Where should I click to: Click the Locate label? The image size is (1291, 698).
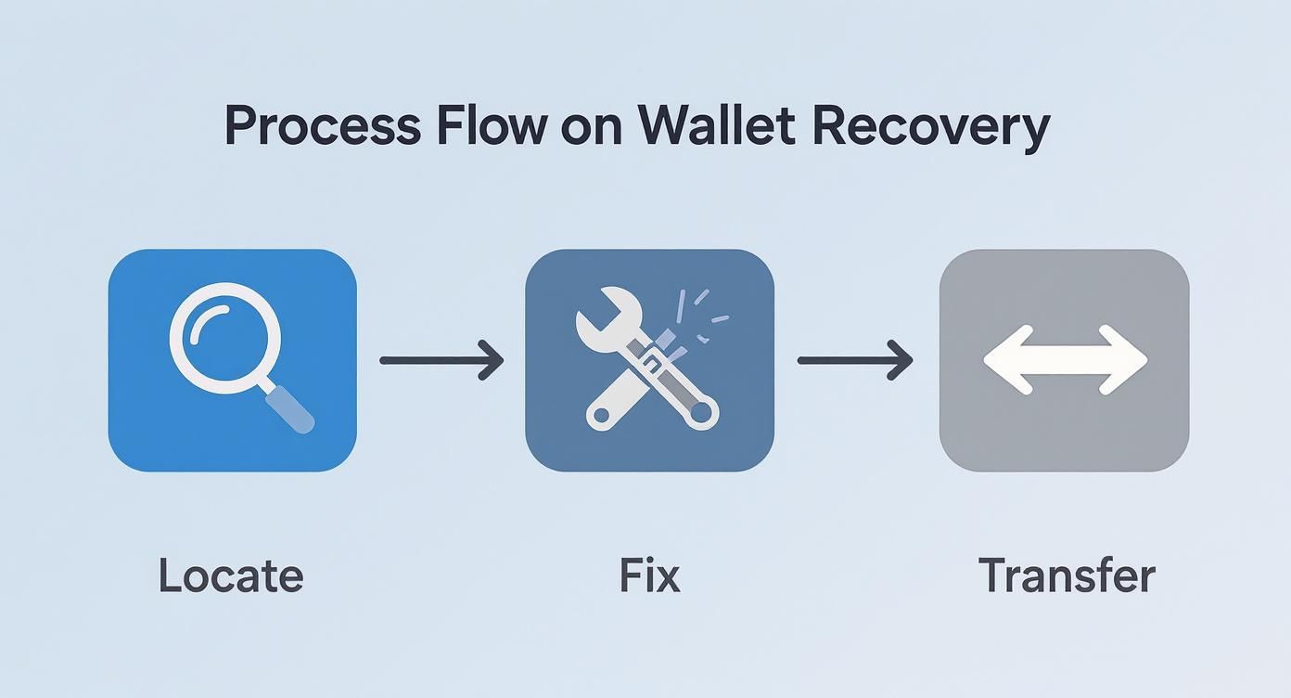click(231, 575)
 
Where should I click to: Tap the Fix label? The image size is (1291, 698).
click(649, 575)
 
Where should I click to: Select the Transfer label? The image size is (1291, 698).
click(1067, 575)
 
